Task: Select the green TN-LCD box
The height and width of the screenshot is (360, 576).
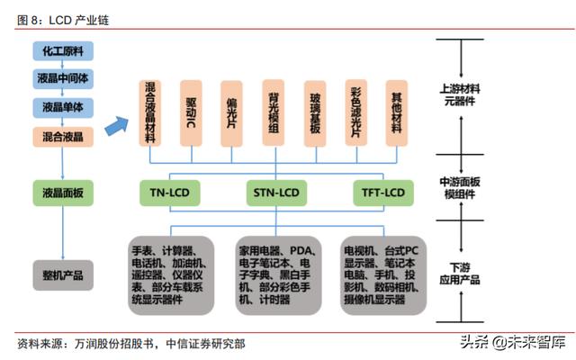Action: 169,193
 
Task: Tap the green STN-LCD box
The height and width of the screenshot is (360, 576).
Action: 274,193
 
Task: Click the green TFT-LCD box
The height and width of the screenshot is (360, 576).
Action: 381,193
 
